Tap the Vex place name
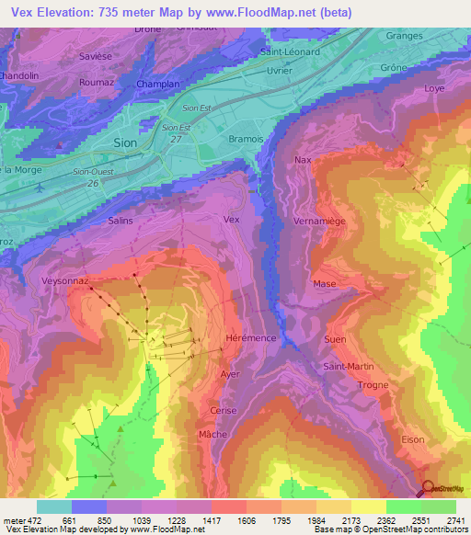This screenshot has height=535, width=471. [x=232, y=220]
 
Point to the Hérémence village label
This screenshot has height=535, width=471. [x=250, y=338]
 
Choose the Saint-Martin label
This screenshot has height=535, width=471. [x=348, y=367]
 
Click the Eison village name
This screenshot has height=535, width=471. [x=413, y=439]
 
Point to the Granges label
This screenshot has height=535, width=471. [x=405, y=36]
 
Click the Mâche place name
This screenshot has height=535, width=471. [x=213, y=433]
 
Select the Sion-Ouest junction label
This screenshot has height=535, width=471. [x=92, y=172]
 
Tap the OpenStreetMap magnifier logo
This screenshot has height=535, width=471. [x=428, y=490]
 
